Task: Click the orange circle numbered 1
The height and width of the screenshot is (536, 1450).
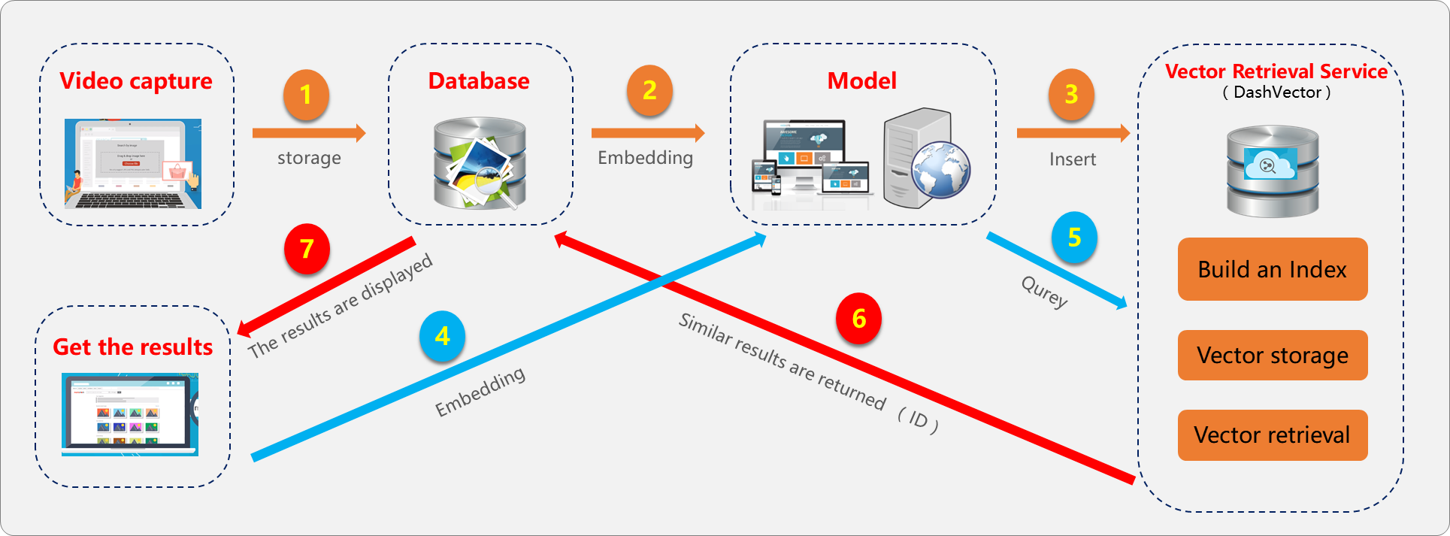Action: [306, 95]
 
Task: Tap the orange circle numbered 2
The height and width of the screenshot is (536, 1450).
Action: [649, 91]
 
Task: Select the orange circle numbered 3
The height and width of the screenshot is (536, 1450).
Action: [1071, 94]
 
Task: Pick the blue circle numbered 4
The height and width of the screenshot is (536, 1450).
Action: [442, 335]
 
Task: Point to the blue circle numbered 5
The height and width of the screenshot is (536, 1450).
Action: [1074, 238]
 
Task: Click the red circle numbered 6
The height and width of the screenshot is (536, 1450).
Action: [858, 319]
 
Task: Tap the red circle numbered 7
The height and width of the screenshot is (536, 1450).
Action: [307, 248]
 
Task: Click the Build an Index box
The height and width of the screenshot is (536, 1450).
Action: [1273, 269]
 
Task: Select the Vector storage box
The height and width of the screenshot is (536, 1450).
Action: [1273, 355]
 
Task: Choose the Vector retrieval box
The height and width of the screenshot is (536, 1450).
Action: [1273, 435]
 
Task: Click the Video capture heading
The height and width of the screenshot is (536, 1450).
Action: [136, 81]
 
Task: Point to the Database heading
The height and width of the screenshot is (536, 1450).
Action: [479, 81]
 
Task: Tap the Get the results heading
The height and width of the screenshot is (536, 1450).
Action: [133, 347]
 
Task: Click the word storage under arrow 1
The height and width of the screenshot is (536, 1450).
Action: [309, 158]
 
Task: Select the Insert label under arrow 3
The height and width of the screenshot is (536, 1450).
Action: [1073, 159]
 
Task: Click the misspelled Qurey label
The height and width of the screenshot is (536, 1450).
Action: [1045, 292]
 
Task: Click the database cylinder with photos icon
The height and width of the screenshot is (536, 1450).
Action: [480, 163]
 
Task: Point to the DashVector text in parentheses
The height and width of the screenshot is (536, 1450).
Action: [1277, 92]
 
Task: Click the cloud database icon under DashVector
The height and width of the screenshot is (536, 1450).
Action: [1273, 171]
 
